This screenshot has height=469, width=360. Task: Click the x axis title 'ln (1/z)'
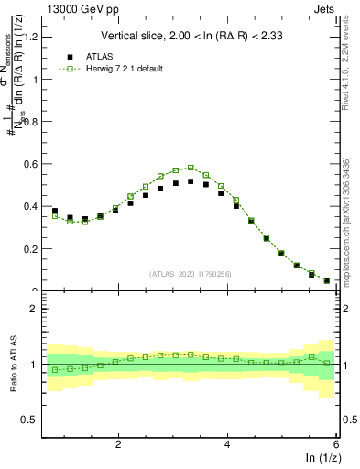coord(321,459)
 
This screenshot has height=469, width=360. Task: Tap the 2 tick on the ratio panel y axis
coord(33,309)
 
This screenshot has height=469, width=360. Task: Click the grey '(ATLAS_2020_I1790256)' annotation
coord(190,274)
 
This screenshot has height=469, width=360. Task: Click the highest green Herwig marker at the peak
coord(191,168)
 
